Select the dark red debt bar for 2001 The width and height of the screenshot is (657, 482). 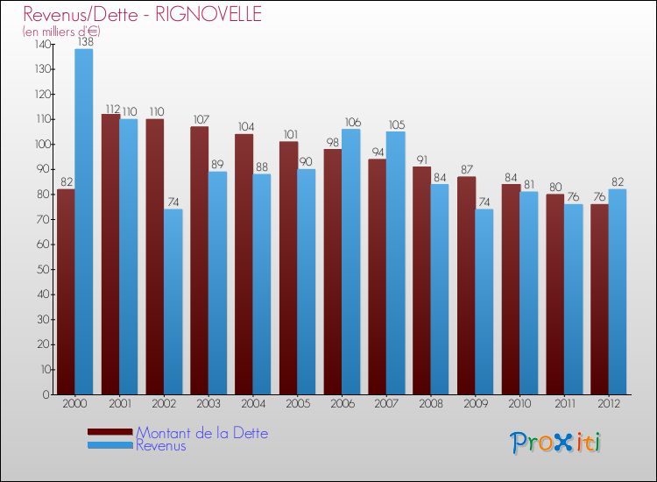click(110, 254)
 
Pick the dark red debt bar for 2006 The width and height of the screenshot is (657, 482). click(333, 272)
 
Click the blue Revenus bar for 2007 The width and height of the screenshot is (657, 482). click(395, 263)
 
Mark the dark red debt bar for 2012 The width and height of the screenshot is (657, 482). click(599, 299)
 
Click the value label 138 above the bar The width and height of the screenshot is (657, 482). click(84, 41)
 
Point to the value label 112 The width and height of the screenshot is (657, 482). click(111, 109)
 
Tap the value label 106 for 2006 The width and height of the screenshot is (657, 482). click(351, 123)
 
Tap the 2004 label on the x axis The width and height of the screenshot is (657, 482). click(252, 404)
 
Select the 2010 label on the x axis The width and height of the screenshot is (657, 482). click(519, 404)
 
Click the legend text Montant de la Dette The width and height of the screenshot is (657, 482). click(201, 433)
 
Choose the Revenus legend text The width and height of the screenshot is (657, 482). click(160, 445)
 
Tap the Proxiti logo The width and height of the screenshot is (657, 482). click(555, 443)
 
